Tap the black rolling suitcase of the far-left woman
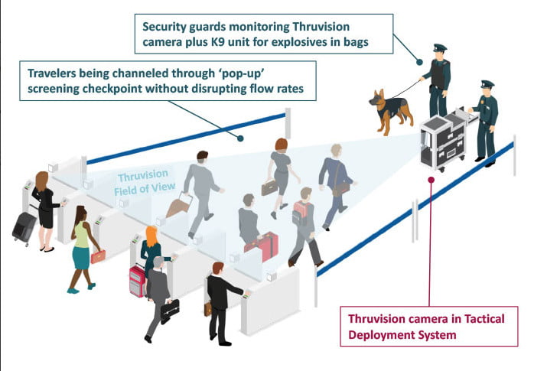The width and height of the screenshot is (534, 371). (24, 226)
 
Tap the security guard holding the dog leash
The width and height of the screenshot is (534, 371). (438, 80)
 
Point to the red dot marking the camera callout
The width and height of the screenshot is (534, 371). (431, 181)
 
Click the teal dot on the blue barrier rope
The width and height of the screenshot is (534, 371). (240, 138)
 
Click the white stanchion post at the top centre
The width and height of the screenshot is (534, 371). (288, 122)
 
